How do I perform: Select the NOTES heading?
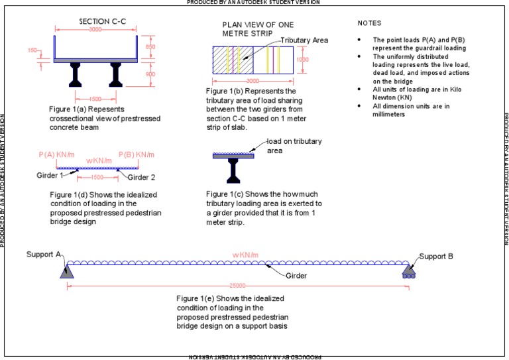coord(369,23)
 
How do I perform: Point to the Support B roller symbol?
coord(409,270)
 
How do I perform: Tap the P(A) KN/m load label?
coord(56,154)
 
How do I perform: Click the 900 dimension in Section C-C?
coord(151,74)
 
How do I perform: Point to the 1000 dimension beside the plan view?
coord(303,59)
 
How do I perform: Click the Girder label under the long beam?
coord(297,275)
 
